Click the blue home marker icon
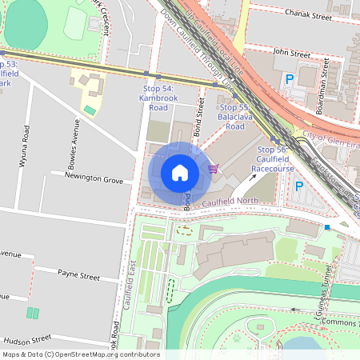tap(180, 172)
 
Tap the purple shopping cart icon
tap(213, 168)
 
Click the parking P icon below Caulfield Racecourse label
tap(299, 186)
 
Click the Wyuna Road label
tap(26, 145)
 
